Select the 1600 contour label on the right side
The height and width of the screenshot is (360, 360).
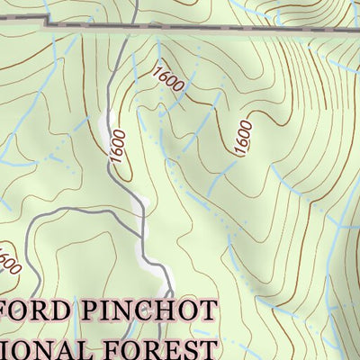click(x=243, y=138)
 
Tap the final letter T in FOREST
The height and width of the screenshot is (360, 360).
click(x=209, y=348)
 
